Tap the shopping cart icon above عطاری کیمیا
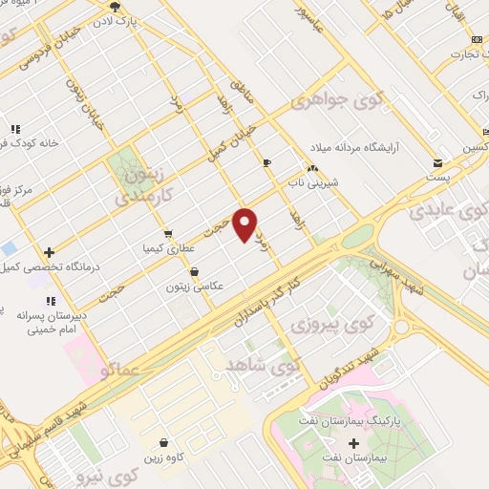pyautogui.click(x=167, y=233)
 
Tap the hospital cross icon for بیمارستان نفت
pyautogui.click(x=355, y=444)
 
